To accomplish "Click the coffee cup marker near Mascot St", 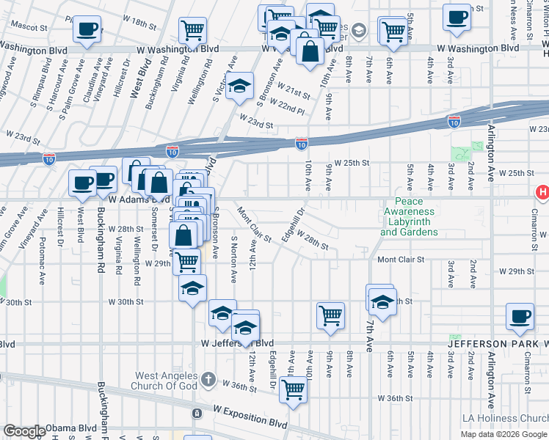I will coord(87,30).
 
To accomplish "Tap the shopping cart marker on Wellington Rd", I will coord(193,30).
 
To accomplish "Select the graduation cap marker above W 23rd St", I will coord(239,87).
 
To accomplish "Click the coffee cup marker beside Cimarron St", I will coord(520,316).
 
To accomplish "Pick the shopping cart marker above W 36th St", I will coord(293,389).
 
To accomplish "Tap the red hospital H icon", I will coord(542,193).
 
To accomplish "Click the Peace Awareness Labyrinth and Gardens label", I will coord(409,217).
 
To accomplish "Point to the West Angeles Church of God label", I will coord(166,381).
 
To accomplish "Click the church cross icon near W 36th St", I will coord(208,379).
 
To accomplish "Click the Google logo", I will coord(23,431).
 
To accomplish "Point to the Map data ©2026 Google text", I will coord(503,434).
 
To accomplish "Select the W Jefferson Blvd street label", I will coord(237,343).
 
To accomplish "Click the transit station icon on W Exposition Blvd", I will coord(197,414).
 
